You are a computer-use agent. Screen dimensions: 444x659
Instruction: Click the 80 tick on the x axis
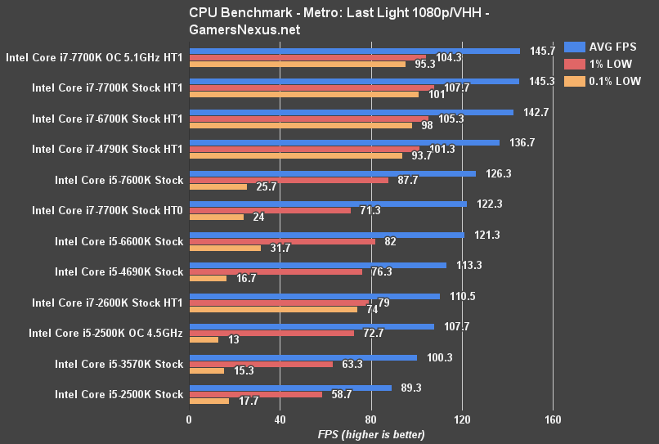coord(371,420)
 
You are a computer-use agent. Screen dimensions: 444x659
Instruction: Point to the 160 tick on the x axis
coord(553,420)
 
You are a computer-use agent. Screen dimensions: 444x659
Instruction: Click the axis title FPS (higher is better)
coord(370,434)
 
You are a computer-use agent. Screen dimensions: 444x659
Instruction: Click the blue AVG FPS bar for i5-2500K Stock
coord(290,388)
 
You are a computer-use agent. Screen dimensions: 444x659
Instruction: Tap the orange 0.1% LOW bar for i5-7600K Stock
coord(218,187)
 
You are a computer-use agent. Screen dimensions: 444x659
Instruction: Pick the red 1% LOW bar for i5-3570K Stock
coord(261,364)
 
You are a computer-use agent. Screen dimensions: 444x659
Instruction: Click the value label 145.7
coord(542,51)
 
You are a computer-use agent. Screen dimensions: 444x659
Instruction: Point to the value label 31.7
coord(280,248)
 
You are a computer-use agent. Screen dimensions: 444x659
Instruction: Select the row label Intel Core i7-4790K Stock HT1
coord(107,149)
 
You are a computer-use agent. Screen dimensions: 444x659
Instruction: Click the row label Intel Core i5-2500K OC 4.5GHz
coord(105,333)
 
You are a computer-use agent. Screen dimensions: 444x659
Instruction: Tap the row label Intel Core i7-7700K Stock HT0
coord(107,210)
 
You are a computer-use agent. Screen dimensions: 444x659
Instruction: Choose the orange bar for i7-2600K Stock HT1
coord(273,309)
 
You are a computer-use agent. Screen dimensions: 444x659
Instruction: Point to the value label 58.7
coord(340,394)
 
